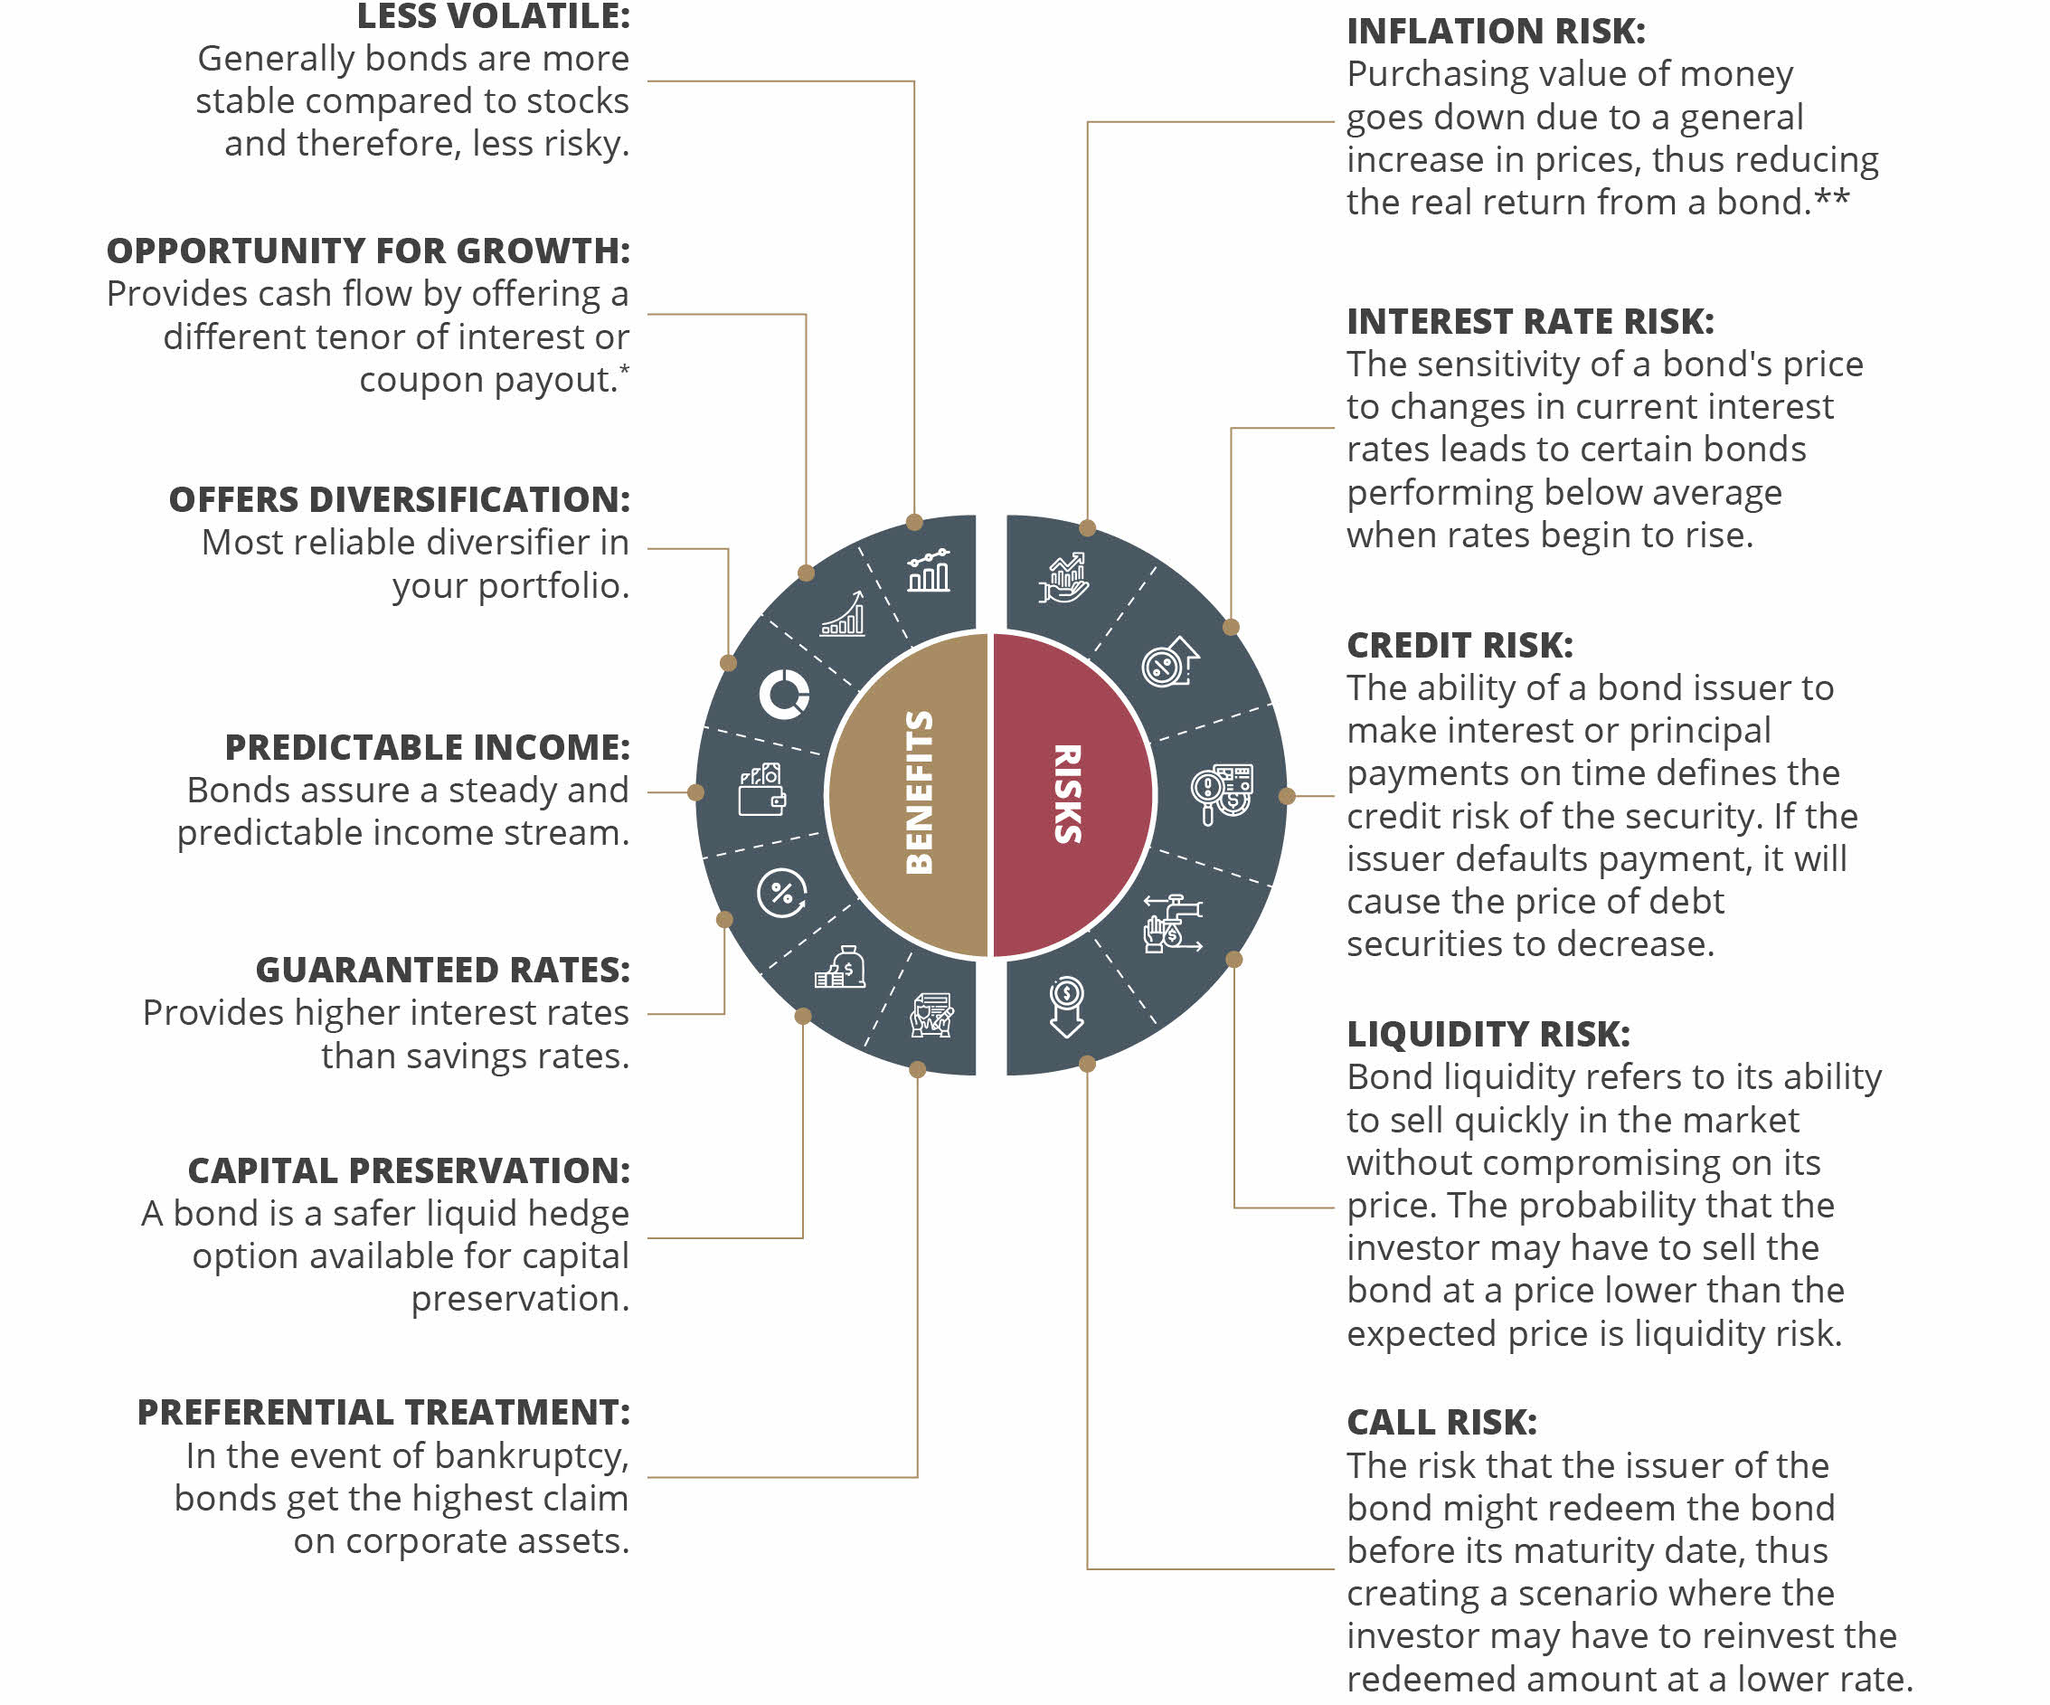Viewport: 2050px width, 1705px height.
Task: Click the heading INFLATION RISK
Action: (x=1496, y=32)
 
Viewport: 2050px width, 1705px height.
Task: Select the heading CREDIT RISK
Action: (x=1460, y=646)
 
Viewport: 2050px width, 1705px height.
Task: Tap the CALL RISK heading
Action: (x=1441, y=1423)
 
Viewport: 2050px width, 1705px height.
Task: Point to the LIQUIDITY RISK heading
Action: (x=1488, y=1034)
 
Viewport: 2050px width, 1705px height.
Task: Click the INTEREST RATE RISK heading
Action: (x=1531, y=321)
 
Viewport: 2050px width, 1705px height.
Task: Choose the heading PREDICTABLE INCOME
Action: (x=428, y=747)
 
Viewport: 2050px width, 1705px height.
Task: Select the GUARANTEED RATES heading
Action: (x=443, y=970)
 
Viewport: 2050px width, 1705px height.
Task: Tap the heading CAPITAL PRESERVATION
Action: (x=409, y=1170)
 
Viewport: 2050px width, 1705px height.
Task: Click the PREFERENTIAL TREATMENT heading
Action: (x=383, y=1412)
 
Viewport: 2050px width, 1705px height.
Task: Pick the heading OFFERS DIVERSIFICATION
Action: (x=400, y=499)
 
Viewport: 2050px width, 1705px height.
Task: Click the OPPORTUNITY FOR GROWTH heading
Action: (x=368, y=251)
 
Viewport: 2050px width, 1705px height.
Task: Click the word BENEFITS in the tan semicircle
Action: (x=920, y=792)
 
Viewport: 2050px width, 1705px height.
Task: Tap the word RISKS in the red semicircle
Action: (x=1067, y=794)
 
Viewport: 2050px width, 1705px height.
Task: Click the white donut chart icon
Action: (x=785, y=695)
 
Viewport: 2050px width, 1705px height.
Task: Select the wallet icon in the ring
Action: (x=762, y=790)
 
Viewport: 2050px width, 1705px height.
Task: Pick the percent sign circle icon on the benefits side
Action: (x=782, y=893)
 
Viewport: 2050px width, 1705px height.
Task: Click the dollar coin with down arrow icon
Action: (x=1067, y=1007)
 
